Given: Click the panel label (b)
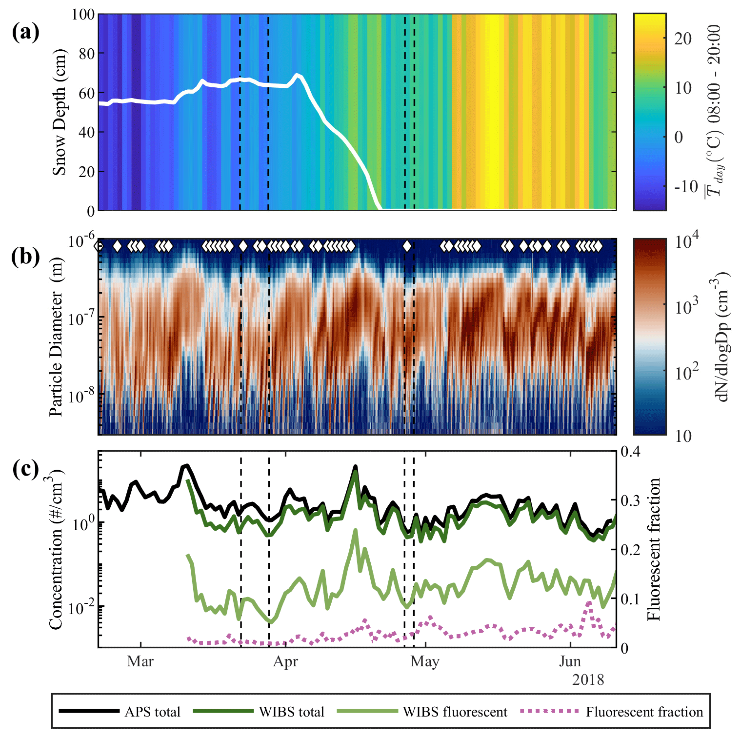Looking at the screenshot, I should (x=25, y=256).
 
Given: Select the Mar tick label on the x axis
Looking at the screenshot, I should (x=140, y=661).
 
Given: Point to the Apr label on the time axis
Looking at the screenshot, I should (x=285, y=661).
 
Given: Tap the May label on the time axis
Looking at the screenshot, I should (x=425, y=661).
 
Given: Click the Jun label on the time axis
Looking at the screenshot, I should (x=570, y=661).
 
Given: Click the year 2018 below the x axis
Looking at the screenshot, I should (x=588, y=679).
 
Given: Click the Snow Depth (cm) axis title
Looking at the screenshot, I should (x=59, y=112).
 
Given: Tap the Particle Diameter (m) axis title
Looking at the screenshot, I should (x=57, y=337).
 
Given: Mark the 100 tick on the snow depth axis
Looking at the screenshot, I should (x=83, y=14).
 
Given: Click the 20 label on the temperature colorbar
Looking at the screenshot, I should (x=682, y=39).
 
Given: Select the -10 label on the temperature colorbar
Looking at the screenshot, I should (x=686, y=186).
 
